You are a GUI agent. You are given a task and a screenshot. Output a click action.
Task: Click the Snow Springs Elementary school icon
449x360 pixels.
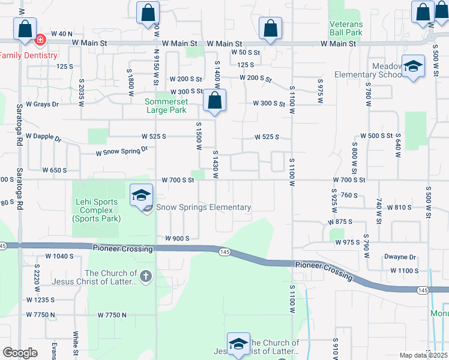coord(141,196)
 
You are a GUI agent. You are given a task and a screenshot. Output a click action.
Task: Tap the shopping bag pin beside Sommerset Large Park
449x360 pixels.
coord(215,101)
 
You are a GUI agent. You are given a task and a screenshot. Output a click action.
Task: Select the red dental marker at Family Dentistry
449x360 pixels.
coord(40,41)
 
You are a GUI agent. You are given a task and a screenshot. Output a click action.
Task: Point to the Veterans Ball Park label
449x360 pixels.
coord(346,28)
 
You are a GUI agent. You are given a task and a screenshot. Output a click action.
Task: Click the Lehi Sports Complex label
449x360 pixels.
coord(96,210)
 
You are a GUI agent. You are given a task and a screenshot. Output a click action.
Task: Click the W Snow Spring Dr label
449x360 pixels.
coord(122,152)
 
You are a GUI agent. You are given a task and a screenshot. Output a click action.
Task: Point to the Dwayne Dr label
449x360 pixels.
coord(400,257)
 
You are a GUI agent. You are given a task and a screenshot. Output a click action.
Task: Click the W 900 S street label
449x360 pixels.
coord(178,238)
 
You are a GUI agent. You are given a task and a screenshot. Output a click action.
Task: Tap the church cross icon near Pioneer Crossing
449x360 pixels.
coord(146,277)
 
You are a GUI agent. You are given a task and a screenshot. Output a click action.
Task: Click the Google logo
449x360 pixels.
coord(20,353)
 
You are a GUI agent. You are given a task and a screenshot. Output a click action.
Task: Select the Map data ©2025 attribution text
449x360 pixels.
coord(423,355)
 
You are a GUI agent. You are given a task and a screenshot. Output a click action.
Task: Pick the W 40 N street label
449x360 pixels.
coord(61,34)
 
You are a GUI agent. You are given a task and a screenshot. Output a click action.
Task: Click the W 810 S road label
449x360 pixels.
coord(399,208)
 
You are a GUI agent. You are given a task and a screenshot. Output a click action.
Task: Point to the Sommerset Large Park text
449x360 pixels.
coord(167,106)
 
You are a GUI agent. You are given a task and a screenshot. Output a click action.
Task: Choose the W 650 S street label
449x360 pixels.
coord(55,170)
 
